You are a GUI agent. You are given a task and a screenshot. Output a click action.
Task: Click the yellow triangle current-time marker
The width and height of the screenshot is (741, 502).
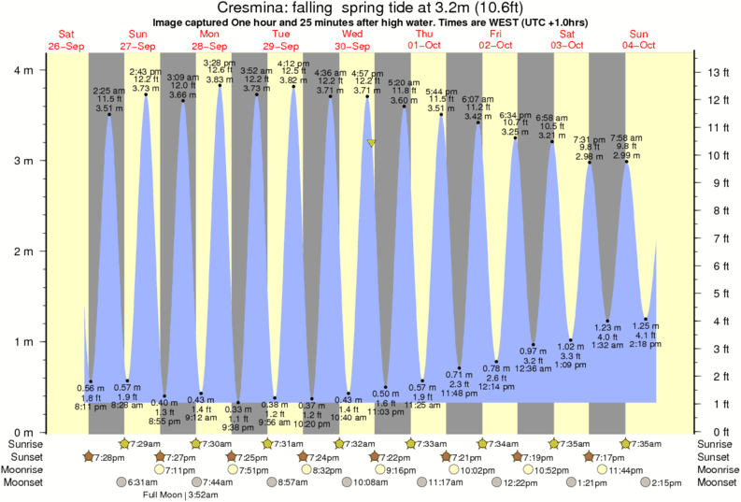coord(372,143)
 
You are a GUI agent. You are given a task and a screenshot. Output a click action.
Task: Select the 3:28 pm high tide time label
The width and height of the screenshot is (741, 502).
coord(219,63)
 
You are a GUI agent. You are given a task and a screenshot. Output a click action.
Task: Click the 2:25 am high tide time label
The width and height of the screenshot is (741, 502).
coord(108,91)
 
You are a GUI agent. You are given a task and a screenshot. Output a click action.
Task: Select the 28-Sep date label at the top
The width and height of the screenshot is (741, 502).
coord(209,45)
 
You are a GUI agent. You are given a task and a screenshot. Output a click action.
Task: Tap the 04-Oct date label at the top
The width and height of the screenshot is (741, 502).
coord(637,45)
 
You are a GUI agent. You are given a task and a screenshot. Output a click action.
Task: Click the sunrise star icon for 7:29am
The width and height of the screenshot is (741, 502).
coord(125,442)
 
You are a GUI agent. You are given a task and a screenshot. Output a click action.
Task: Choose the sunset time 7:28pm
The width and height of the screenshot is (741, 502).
coord(108,456)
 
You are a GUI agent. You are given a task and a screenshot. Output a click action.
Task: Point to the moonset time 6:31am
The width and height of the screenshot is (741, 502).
coord(143,482)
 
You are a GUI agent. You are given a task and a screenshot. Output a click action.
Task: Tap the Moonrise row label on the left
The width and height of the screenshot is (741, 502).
coord(24,469)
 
